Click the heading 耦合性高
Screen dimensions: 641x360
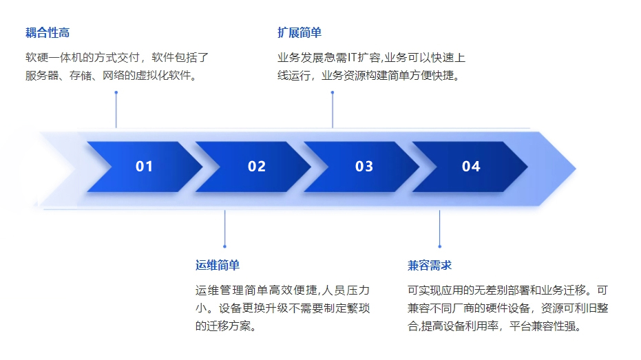point(48,32)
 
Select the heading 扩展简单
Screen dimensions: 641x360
point(300,32)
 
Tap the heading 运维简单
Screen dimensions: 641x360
point(218,265)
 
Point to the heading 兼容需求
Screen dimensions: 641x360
point(430,266)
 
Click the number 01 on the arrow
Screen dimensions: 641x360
point(145,167)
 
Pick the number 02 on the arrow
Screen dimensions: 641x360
point(257,167)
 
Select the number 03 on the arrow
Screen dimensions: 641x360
point(364,167)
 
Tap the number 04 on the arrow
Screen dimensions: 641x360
point(471,167)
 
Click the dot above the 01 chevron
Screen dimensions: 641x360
point(116,93)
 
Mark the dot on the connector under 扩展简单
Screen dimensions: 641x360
point(333,93)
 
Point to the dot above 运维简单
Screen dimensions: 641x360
point(225,246)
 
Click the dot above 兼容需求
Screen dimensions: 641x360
point(440,246)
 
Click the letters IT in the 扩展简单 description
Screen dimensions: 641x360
point(352,58)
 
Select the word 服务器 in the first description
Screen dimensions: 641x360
point(42,76)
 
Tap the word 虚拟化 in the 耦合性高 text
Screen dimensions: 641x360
point(152,76)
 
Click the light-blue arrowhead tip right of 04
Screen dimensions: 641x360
point(576,168)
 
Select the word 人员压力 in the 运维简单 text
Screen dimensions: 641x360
point(346,290)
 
